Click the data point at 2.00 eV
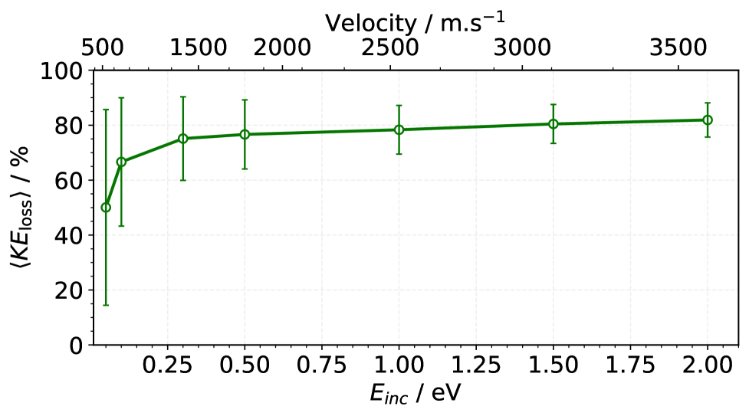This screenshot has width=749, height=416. click(x=708, y=120)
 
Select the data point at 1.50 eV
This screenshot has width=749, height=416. click(x=553, y=123)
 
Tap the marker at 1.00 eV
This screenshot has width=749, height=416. click(x=399, y=129)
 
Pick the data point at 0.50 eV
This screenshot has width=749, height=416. click(x=245, y=134)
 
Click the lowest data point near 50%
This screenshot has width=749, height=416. click(x=106, y=207)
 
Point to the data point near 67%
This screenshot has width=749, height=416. click(x=121, y=162)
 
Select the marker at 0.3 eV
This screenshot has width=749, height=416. click(x=182, y=138)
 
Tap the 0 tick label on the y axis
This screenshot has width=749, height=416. click(x=75, y=346)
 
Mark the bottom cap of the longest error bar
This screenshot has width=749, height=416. click(x=106, y=305)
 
